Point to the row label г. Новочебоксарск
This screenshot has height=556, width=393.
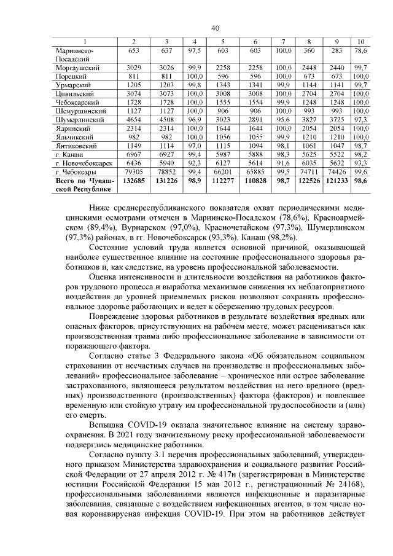click(84, 164)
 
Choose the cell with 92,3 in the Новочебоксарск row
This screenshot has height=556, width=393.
click(194, 164)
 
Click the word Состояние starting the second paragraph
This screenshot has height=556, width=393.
click(109, 246)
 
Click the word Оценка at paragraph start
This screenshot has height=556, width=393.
click(103, 277)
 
